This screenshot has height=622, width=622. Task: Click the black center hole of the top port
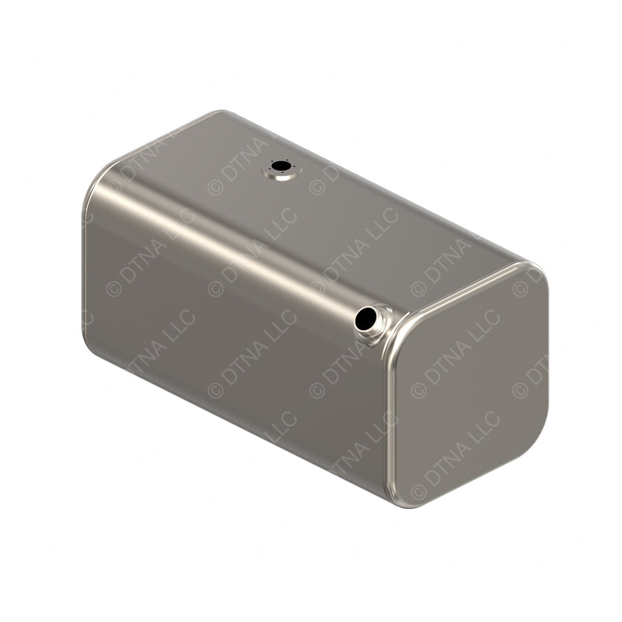pyautogui.click(x=280, y=165)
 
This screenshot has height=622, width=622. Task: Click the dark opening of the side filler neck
pyautogui.click(x=367, y=318)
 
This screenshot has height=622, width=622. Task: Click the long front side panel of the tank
pyautogui.click(x=231, y=340)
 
